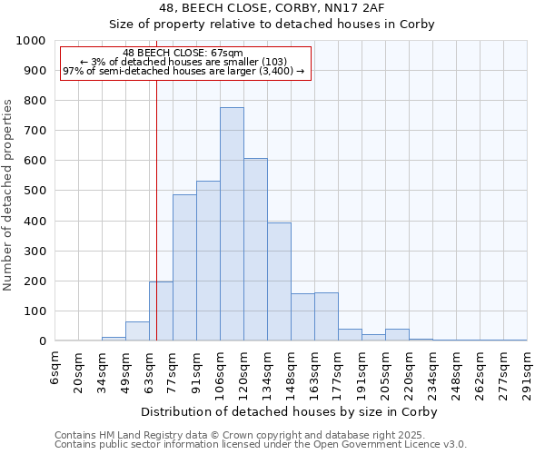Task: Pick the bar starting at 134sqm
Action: tap(279, 281)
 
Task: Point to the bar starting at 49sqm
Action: tap(137, 331)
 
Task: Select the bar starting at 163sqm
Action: tap(326, 317)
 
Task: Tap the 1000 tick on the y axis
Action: tap(31, 41)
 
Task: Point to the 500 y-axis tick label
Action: tap(35, 192)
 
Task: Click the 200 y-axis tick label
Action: tap(35, 281)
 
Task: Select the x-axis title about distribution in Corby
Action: tap(290, 412)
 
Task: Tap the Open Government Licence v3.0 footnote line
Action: tap(261, 445)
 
